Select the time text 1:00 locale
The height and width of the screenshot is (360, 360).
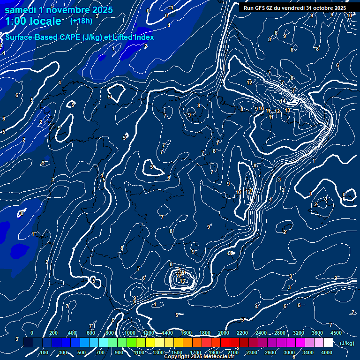tap(33, 22)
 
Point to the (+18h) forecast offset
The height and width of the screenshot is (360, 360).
tap(81, 21)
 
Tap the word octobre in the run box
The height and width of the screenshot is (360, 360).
tap(320, 8)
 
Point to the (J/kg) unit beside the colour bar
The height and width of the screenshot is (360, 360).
tap(346, 343)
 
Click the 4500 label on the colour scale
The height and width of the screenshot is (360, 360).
tap(336, 333)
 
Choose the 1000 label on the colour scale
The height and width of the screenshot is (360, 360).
tap(129, 333)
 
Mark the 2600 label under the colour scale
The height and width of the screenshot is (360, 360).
tap(270, 352)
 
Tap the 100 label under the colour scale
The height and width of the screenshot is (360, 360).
tap(45, 352)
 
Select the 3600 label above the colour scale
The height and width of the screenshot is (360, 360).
tap(317, 333)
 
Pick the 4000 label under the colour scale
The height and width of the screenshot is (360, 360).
tap(327, 352)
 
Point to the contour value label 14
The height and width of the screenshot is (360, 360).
tap(283, 101)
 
